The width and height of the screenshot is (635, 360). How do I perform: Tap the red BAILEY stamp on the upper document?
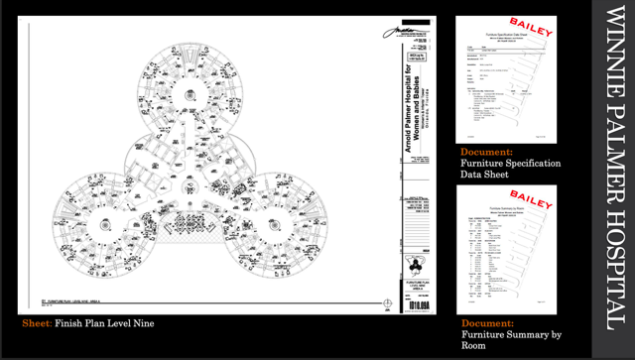(531, 28)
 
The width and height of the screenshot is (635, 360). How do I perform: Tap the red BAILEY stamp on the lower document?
(531, 201)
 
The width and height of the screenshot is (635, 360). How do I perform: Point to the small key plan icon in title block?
(415, 265)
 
